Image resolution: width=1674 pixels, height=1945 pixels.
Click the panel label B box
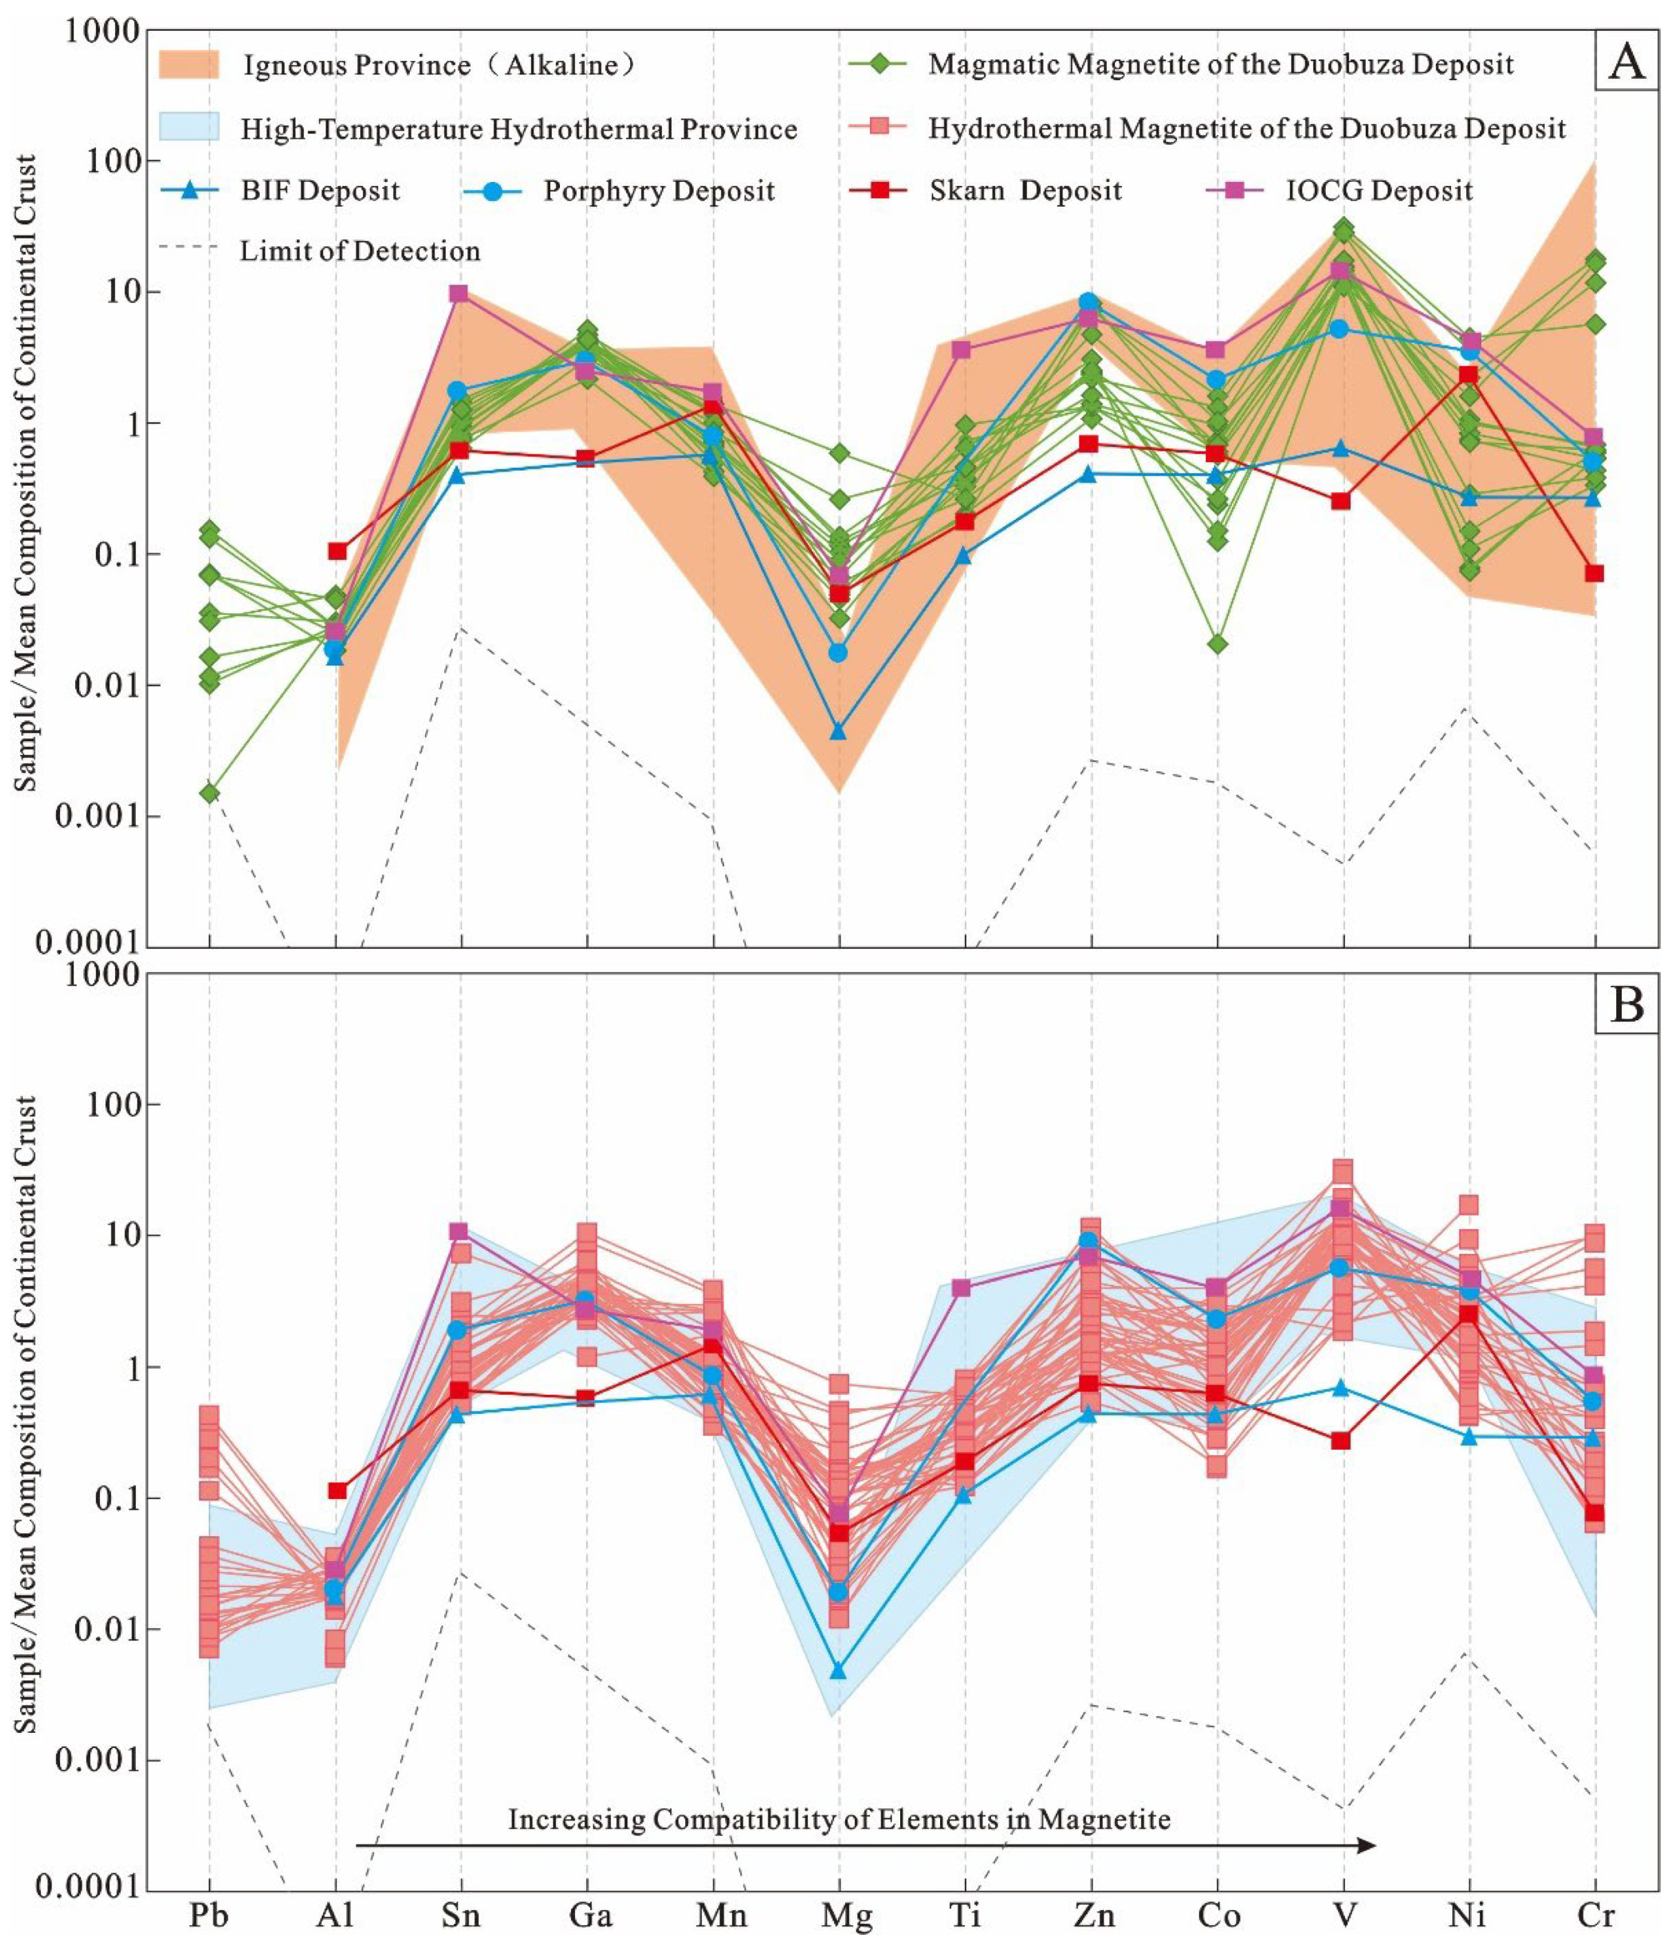(x=1627, y=1005)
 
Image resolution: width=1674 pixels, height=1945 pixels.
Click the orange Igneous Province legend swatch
(x=189, y=65)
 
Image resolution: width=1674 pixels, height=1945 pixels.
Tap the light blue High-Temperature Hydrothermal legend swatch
(x=189, y=127)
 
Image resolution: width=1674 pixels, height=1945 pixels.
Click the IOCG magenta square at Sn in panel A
(x=458, y=294)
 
